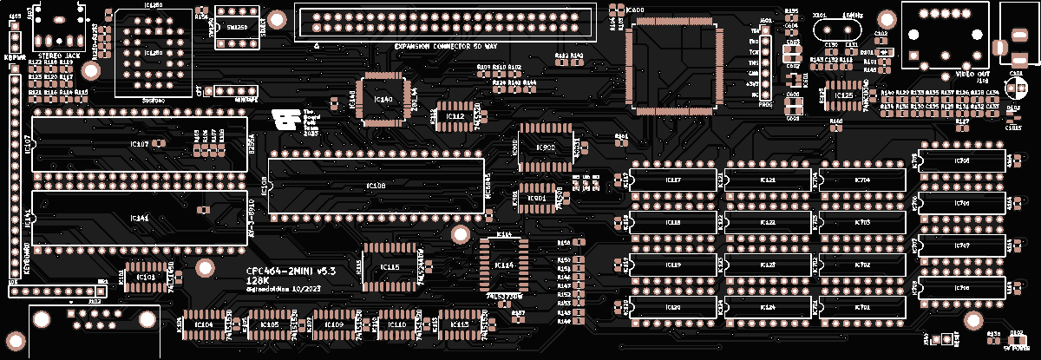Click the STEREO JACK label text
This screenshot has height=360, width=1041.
(55, 54)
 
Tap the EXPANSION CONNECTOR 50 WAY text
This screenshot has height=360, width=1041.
(446, 46)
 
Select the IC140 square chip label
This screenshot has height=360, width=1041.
(383, 99)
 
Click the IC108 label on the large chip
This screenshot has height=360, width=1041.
(376, 186)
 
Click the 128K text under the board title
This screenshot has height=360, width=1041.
(257, 280)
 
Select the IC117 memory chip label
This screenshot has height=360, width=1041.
(672, 180)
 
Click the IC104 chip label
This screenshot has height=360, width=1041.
(204, 324)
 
